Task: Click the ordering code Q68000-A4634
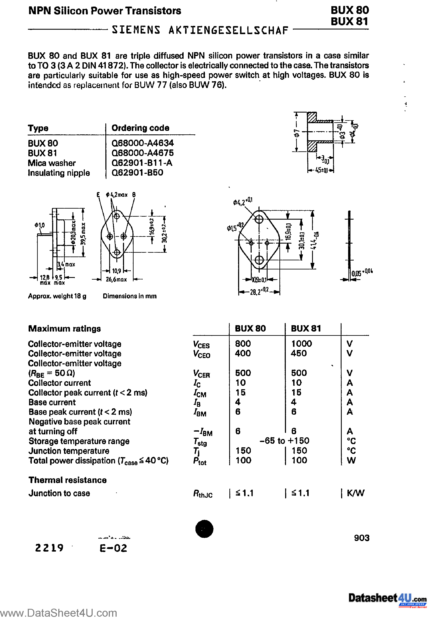point(143,143)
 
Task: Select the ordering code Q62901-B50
point(137,173)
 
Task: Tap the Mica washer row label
point(52,163)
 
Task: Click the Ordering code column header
point(140,128)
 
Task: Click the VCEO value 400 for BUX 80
point(243,353)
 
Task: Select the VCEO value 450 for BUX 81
point(299,353)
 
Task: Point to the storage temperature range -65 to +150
point(284,441)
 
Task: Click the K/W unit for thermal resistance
point(356,493)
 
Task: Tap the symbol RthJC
point(202,494)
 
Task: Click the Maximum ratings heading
point(64,329)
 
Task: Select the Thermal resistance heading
point(67,480)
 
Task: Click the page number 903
point(361,538)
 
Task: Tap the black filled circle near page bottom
point(204,529)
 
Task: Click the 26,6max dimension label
point(116,279)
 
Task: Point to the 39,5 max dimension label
point(83,233)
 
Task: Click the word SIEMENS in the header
point(136,30)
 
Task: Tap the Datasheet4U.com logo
point(387,598)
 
